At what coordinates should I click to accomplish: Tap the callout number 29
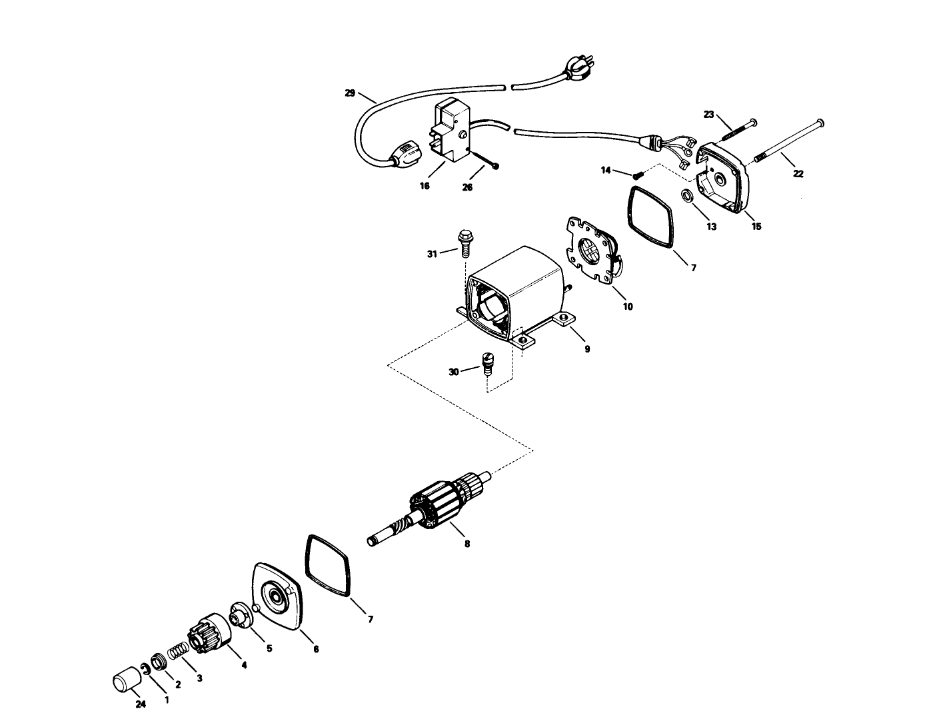click(350, 93)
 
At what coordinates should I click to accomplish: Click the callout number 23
click(708, 114)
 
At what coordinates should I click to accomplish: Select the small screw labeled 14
click(637, 175)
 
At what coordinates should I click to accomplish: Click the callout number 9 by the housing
click(587, 349)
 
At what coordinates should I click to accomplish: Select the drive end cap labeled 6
click(276, 596)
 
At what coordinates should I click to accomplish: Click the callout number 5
click(269, 648)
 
